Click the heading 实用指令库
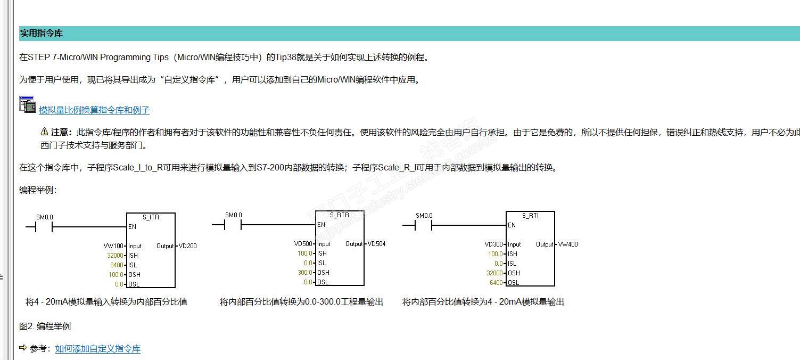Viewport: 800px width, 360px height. (x=42, y=33)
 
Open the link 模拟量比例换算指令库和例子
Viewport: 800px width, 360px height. (x=94, y=110)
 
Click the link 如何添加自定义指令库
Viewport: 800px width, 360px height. (x=98, y=349)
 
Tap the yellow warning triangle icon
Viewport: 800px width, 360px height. (x=44, y=132)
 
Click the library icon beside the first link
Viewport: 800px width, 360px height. (x=27, y=104)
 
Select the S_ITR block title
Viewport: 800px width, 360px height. (x=151, y=217)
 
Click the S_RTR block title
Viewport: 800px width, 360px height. (x=340, y=215)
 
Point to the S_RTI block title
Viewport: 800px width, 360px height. (x=530, y=216)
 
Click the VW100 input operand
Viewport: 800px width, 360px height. (x=113, y=246)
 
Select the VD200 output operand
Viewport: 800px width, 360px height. (x=188, y=246)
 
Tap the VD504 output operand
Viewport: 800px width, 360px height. (x=377, y=244)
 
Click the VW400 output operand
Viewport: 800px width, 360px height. (x=568, y=244)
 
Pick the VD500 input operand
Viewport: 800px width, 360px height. (x=303, y=244)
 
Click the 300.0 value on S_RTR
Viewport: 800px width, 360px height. (x=305, y=273)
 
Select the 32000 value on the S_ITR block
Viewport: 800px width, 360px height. (x=115, y=256)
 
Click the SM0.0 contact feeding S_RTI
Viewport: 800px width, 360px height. (x=424, y=226)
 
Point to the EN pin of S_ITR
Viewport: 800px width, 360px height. (x=133, y=226)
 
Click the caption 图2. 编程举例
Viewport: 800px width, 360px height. (x=45, y=326)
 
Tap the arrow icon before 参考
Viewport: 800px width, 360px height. (x=23, y=348)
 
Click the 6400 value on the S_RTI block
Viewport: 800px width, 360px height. (x=496, y=283)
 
